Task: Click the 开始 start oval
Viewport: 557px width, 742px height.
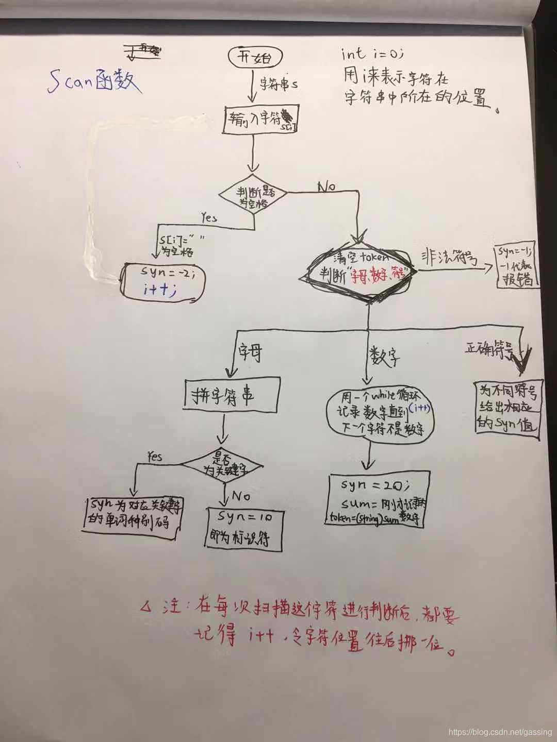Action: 254,58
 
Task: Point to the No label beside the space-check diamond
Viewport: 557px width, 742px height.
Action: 326,186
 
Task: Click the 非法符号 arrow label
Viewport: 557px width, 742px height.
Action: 449,258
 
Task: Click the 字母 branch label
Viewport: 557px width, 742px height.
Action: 250,354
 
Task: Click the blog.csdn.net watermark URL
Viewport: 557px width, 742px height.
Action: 500,732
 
